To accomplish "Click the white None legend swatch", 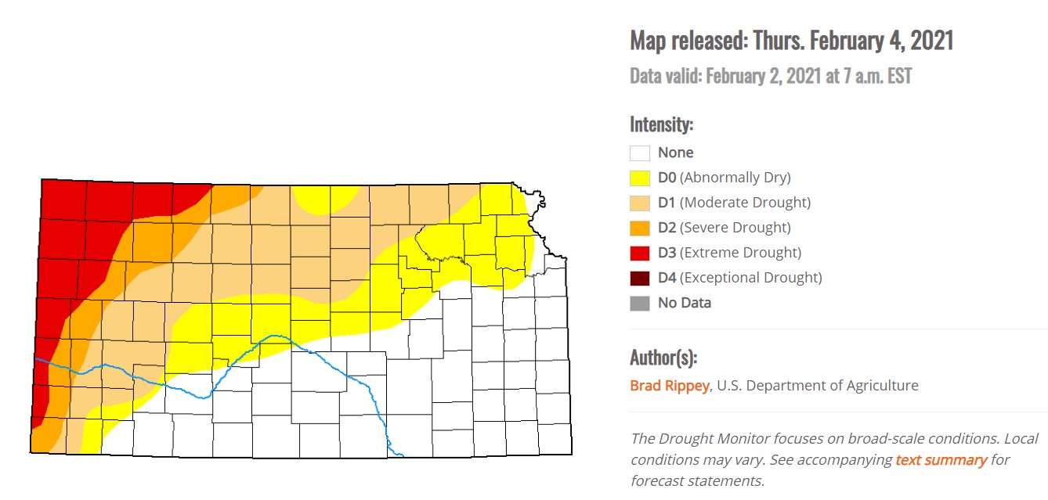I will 640,153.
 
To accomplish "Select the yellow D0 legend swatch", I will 640,178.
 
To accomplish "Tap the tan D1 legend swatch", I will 640,203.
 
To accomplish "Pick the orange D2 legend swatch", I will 640,228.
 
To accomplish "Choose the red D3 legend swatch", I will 640,253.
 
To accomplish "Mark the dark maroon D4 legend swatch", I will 640,278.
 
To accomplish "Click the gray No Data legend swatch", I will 640,303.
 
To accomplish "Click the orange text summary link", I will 941,460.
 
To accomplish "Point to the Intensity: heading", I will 661,124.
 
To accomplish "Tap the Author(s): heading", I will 663,358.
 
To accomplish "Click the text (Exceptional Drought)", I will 750,278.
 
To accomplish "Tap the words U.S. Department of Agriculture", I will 818,385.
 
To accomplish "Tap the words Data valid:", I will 666,76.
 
